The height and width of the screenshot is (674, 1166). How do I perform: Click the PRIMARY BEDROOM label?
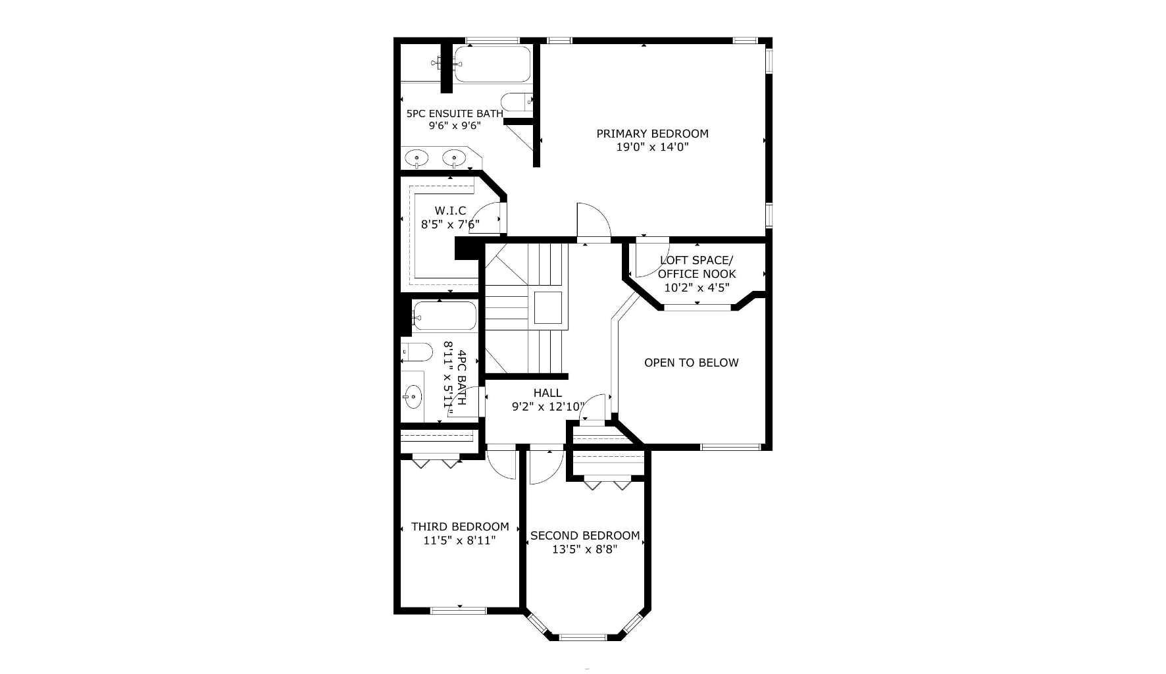point(652,134)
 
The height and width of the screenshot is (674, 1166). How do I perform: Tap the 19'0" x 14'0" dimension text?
point(652,147)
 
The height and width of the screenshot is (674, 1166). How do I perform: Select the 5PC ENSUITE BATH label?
point(455,113)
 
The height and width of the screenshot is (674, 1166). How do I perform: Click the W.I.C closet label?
point(450,211)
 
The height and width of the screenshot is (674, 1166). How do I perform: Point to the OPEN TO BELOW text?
point(691,363)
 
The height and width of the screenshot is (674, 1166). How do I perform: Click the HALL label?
point(547,393)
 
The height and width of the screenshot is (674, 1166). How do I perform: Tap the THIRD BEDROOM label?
point(460,527)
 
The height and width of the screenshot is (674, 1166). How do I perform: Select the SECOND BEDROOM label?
point(585,536)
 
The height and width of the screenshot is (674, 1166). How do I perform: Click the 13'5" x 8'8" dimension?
point(585,550)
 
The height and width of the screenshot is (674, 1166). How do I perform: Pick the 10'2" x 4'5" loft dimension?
point(697,288)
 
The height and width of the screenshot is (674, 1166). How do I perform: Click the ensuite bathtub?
point(492,64)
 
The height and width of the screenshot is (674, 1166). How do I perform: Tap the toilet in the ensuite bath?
point(515,103)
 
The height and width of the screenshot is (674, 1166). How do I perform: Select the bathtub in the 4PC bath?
point(445,316)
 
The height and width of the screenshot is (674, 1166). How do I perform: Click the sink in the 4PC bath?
point(413,396)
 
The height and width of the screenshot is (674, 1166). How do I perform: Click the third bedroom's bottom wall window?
point(459,611)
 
